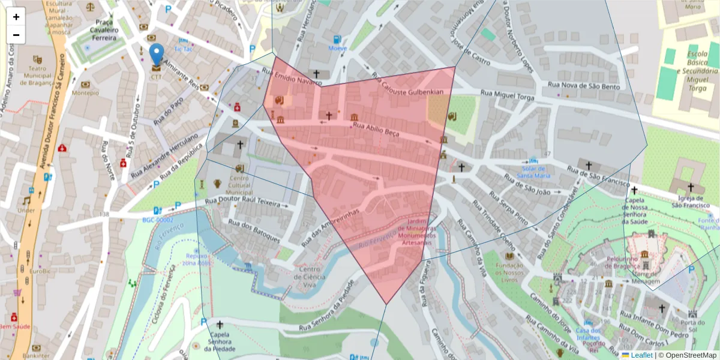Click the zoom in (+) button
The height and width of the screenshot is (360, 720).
[16, 17]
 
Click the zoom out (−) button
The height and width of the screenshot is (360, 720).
[16, 35]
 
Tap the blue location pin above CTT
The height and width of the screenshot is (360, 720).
[157, 55]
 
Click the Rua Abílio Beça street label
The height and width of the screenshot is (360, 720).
[376, 130]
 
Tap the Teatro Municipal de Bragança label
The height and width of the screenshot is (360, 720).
[38, 76]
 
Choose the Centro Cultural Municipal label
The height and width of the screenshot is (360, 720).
[239, 185]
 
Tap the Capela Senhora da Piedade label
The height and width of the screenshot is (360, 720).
[220, 341]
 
